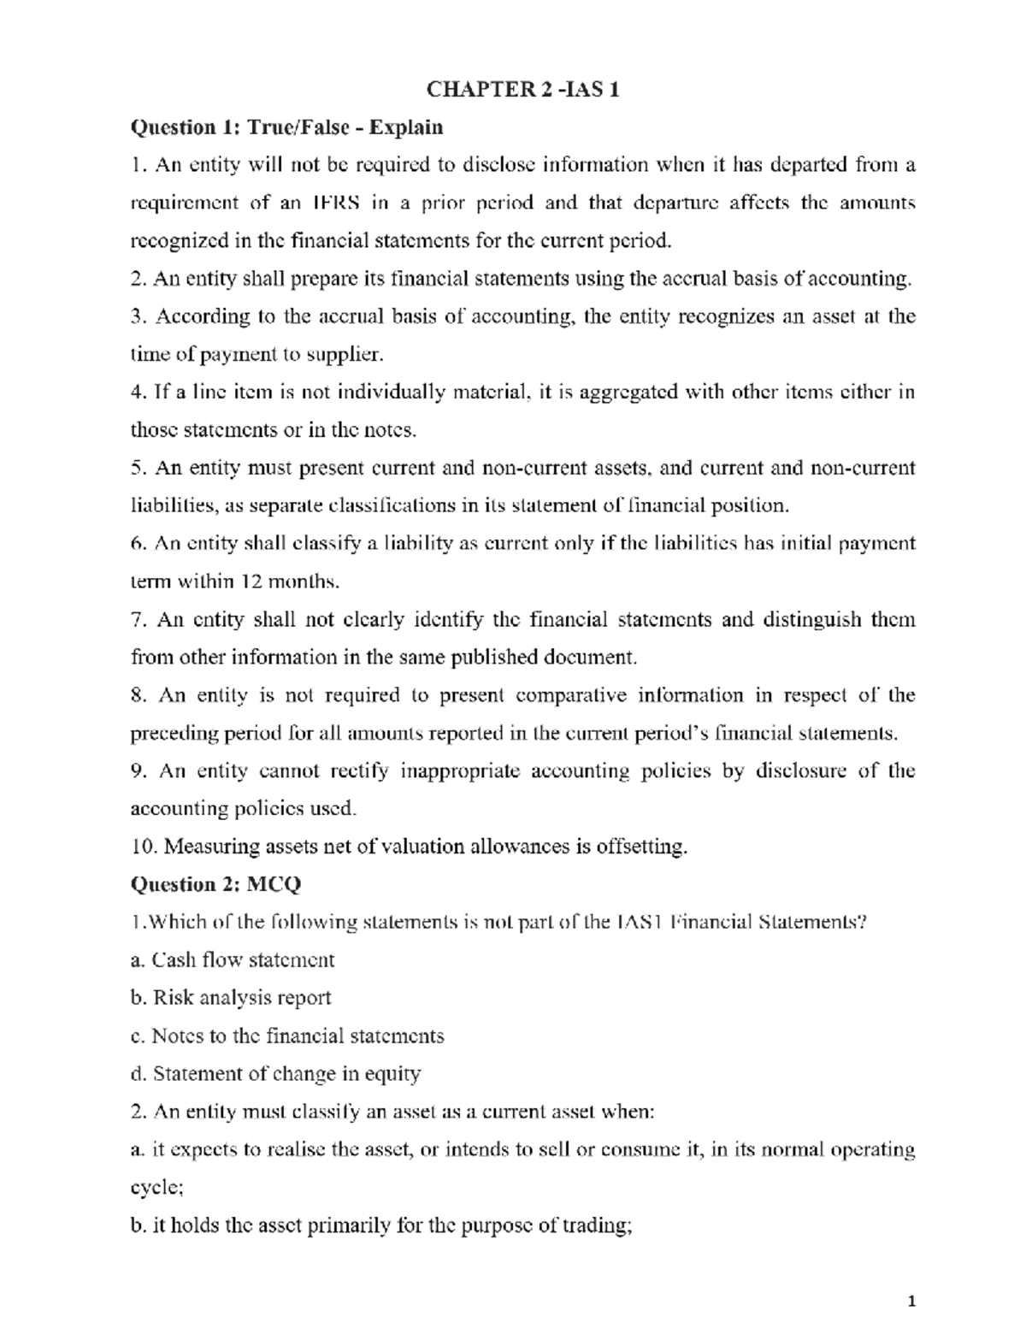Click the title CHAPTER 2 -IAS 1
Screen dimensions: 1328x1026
[522, 89]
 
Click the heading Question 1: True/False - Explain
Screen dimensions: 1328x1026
[286, 127]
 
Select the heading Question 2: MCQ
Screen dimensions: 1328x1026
[215, 884]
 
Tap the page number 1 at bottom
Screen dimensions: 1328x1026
[911, 1301]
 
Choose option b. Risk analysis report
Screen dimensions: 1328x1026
[231, 998]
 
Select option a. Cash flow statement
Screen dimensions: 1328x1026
[233, 959]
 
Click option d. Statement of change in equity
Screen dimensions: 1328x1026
[275, 1073]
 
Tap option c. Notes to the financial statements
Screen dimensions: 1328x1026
[287, 1036]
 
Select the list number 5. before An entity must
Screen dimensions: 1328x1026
[139, 468]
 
